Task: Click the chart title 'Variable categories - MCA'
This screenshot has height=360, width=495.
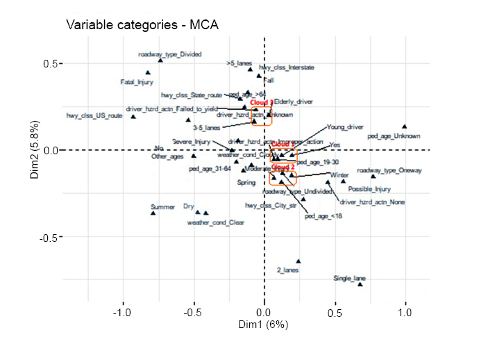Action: (x=142, y=26)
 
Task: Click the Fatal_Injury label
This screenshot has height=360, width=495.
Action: (x=137, y=82)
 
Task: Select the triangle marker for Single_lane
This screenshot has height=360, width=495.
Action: (x=360, y=284)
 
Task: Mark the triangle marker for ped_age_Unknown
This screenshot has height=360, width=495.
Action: (x=405, y=126)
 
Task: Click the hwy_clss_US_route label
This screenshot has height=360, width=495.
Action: (x=94, y=116)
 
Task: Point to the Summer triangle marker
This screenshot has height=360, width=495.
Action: (x=153, y=213)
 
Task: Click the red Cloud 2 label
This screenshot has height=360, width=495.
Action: (x=283, y=167)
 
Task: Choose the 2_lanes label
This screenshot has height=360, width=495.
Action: (x=287, y=270)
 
